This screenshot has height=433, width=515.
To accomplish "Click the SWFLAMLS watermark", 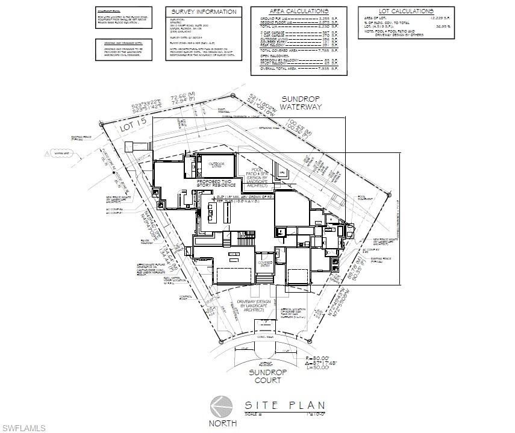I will [23, 428].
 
